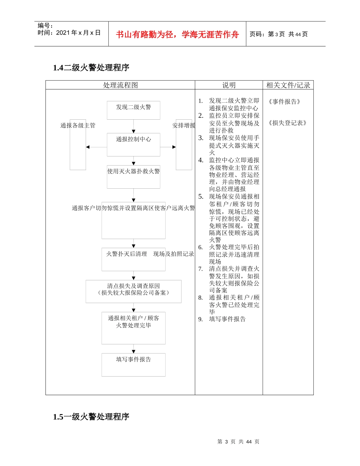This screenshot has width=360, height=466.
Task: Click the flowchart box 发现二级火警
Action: (133, 110)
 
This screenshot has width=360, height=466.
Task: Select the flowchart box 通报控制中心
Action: (133, 144)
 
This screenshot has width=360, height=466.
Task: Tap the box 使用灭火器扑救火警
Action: (133, 177)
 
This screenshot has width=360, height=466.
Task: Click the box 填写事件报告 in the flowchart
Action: (133, 364)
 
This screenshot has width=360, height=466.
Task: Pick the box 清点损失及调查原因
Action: (133, 291)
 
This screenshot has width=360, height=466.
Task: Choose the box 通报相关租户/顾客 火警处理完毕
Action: (133, 328)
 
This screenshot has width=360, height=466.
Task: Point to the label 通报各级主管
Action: (78, 125)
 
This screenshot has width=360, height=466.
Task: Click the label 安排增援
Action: (184, 125)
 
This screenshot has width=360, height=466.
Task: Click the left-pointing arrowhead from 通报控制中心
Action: (88, 147)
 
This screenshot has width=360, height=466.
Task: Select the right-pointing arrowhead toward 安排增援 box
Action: (174, 147)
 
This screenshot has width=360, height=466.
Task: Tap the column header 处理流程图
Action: (121, 85)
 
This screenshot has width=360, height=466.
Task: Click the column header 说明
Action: (229, 85)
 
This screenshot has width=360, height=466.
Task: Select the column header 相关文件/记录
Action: (288, 85)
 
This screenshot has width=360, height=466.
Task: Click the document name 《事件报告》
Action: (284, 102)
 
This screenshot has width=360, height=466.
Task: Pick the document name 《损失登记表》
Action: (287, 123)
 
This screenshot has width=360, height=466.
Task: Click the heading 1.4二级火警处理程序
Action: (91, 68)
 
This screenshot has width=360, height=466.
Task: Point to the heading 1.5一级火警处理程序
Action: (91, 417)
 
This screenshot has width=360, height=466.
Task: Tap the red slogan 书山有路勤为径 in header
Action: (177, 34)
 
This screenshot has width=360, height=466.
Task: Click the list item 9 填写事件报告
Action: (227, 319)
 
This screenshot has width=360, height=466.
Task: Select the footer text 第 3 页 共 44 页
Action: (238, 442)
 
